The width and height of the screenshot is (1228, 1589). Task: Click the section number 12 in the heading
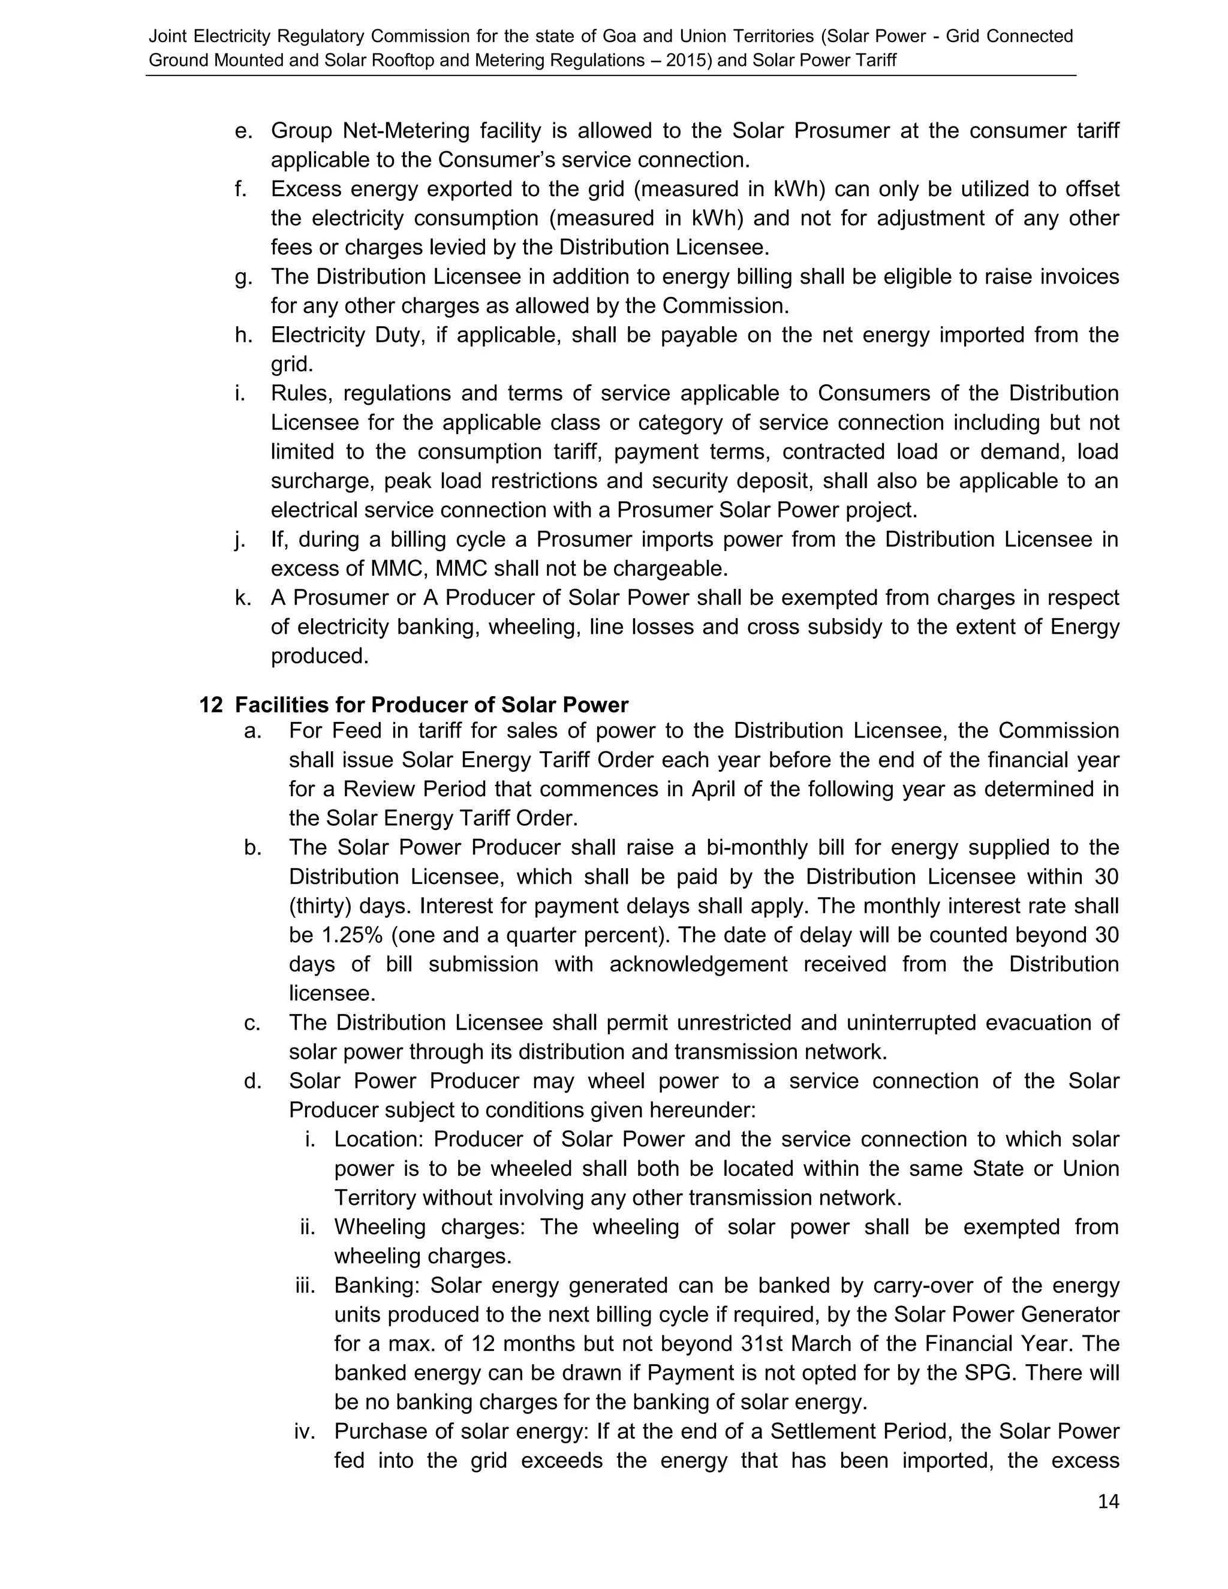[x=210, y=705]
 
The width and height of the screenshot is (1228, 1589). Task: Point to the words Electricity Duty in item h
[x=347, y=335]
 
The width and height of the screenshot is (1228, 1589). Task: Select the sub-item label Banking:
[x=377, y=1286]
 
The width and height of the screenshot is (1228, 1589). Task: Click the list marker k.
[x=242, y=598]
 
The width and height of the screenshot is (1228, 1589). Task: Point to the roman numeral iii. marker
[x=306, y=1286]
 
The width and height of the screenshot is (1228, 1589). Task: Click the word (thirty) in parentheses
[x=320, y=906]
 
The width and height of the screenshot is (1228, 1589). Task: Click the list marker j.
[x=239, y=540]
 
